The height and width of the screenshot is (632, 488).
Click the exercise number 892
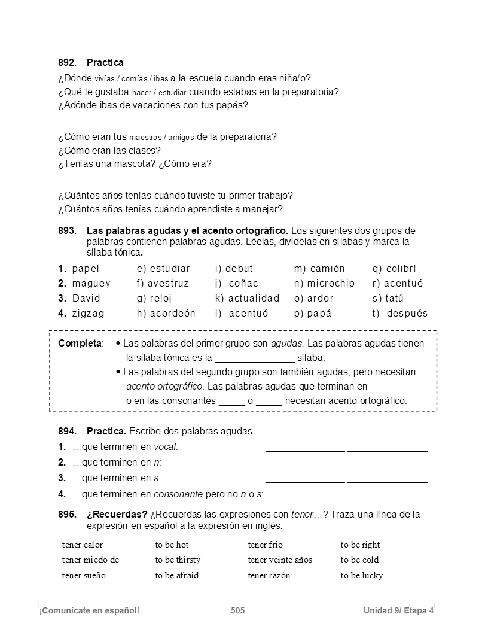point(67,63)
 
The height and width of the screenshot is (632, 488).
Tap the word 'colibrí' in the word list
point(401,269)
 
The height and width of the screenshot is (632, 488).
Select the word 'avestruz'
point(168,284)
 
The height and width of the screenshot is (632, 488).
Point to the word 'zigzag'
point(88,314)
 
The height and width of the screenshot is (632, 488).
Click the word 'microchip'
point(331,284)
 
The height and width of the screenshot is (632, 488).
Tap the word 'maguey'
point(91,284)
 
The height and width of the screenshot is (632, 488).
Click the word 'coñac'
point(243,284)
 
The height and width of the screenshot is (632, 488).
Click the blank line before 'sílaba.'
point(254,358)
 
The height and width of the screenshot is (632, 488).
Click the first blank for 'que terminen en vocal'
point(305,449)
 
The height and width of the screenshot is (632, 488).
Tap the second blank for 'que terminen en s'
point(388,480)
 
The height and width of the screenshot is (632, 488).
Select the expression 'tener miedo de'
point(90,560)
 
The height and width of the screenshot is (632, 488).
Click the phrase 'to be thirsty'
point(178,560)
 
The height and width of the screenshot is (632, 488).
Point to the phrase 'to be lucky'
point(362,576)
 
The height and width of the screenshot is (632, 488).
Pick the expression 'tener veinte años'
point(280,560)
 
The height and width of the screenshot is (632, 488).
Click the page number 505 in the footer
point(237,610)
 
